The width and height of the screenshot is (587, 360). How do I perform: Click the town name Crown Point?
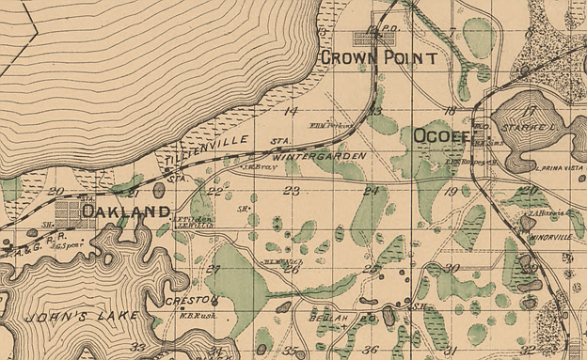378,58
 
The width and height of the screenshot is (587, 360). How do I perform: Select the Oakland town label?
125,211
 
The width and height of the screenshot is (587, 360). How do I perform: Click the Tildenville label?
208,150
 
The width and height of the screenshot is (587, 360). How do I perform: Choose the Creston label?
191,301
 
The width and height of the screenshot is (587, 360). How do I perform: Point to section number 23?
291,191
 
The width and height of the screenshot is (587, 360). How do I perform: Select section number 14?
291,111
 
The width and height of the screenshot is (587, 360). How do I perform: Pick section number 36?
371,350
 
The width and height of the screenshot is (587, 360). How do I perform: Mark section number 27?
213,270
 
